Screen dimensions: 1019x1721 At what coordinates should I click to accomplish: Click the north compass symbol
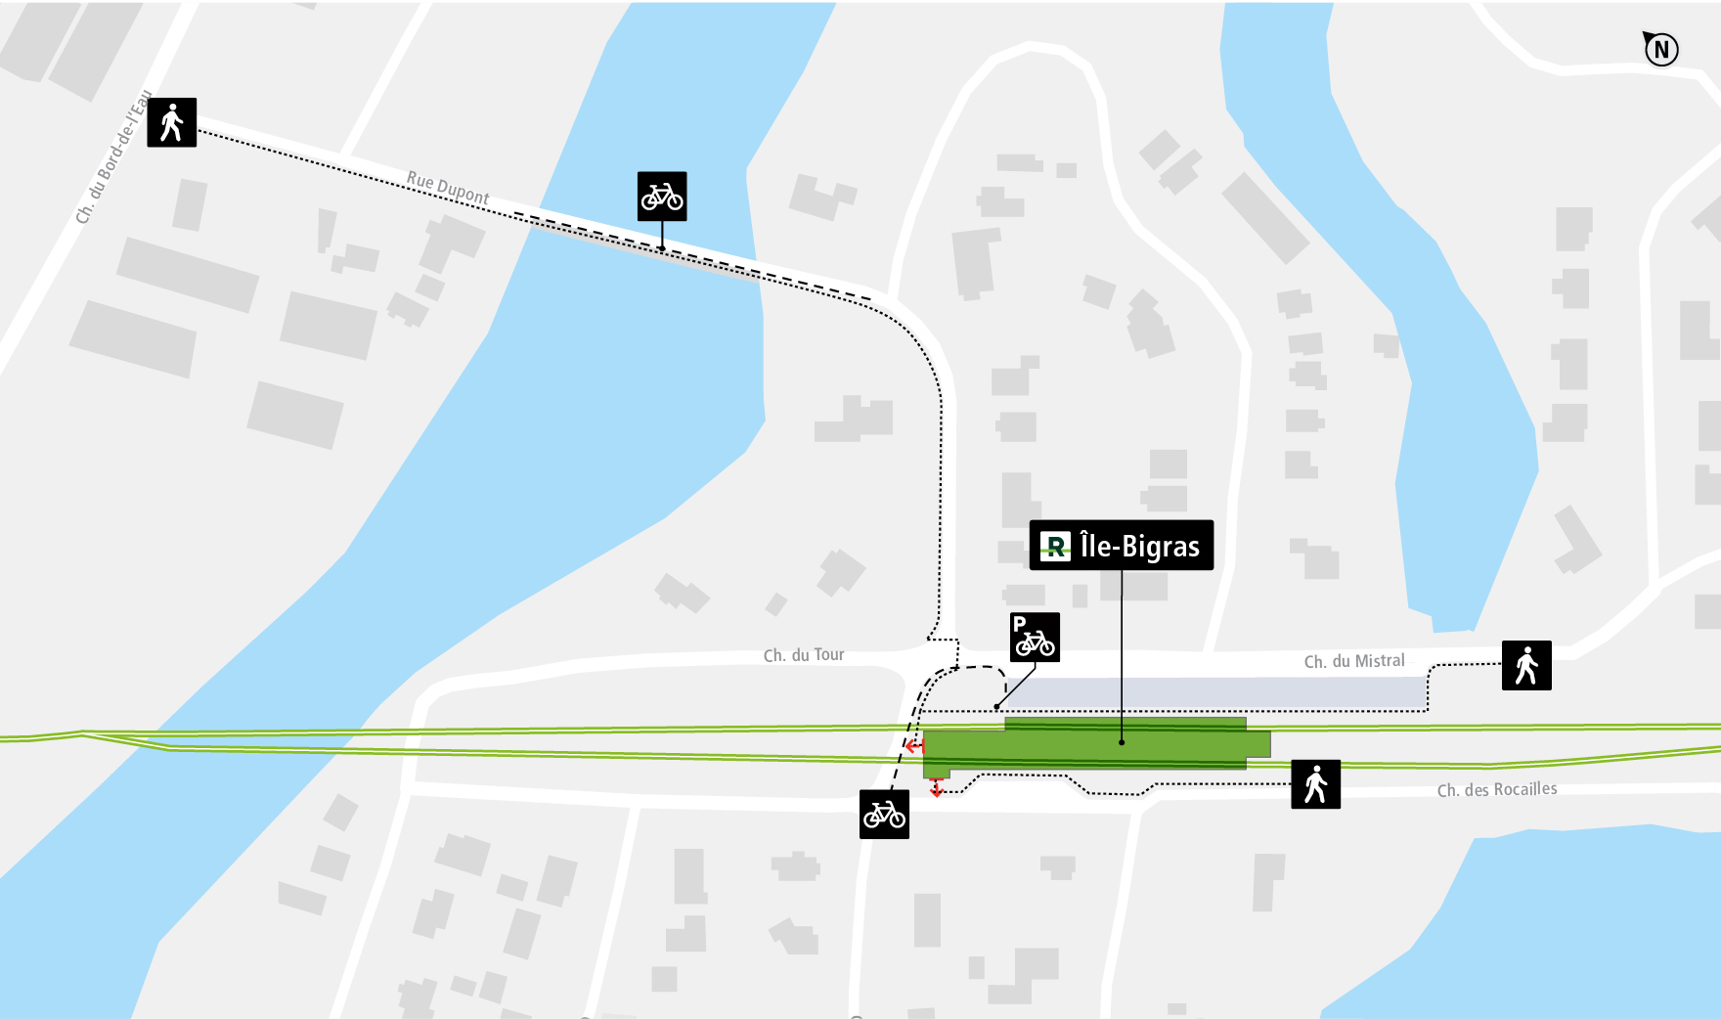(x=1660, y=49)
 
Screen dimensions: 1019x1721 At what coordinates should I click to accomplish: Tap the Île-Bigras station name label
(x=1122, y=546)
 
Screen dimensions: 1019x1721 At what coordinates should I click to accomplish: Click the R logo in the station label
(x=1055, y=546)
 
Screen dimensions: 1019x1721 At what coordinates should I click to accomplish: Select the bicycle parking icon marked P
(x=1035, y=638)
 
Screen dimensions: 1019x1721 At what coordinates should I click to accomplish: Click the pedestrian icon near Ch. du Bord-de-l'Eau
(x=172, y=123)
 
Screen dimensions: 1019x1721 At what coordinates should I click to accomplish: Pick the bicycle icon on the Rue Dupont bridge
(x=662, y=197)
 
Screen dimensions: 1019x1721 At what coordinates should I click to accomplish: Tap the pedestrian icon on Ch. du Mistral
(x=1526, y=666)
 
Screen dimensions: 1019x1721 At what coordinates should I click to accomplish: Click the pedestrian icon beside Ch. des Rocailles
(x=1315, y=784)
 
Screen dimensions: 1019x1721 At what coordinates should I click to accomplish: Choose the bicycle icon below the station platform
(x=884, y=814)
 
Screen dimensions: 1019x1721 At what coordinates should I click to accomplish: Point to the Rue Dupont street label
(x=448, y=188)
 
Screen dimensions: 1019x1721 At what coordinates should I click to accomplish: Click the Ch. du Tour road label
(x=804, y=655)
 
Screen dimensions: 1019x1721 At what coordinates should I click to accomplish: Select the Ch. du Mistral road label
(x=1354, y=662)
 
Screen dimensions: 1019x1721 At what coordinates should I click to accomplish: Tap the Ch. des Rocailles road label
(x=1496, y=790)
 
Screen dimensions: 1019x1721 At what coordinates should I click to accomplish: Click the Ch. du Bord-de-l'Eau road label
(x=114, y=157)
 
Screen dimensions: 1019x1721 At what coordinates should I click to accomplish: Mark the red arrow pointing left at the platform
(x=913, y=746)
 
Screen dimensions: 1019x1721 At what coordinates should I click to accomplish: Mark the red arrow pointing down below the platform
(x=937, y=787)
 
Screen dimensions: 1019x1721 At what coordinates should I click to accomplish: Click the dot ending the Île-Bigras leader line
(x=1122, y=742)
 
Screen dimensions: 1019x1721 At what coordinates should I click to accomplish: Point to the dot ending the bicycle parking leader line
(x=996, y=707)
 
